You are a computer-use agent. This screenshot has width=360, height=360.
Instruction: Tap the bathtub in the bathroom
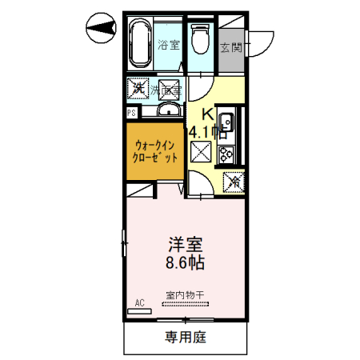(142, 45)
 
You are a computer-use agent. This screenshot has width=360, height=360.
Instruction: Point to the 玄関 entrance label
(232, 46)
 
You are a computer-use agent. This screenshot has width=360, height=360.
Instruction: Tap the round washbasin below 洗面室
(169, 109)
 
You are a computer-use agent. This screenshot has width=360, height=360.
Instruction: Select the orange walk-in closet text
(154, 151)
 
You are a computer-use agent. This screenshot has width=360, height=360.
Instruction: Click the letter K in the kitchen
(206, 114)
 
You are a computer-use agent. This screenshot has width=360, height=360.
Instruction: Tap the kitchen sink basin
(226, 122)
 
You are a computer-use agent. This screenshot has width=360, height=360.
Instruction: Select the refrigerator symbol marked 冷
(234, 182)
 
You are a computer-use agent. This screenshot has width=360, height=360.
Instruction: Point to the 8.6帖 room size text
(184, 262)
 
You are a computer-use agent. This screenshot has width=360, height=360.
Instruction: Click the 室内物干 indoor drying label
(185, 294)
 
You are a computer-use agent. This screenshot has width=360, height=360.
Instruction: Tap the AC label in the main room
(139, 302)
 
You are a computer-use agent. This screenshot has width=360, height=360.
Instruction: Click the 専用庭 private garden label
(186, 337)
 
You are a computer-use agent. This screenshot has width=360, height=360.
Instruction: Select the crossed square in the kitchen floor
(199, 150)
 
